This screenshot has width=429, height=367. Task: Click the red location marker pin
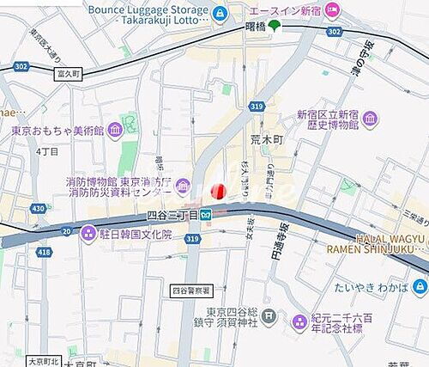[218, 191]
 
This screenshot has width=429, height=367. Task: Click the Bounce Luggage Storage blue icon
[221, 13]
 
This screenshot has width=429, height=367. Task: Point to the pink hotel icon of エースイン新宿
[331, 9]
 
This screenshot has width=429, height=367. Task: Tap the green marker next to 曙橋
[274, 24]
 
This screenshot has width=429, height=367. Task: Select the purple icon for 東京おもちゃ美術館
[115, 131]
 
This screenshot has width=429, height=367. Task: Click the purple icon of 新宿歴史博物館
[370, 119]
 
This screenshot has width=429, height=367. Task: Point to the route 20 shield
[67, 229]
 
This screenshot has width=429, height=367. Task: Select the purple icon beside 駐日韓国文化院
[88, 233]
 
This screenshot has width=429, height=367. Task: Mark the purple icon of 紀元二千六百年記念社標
[299, 322]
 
